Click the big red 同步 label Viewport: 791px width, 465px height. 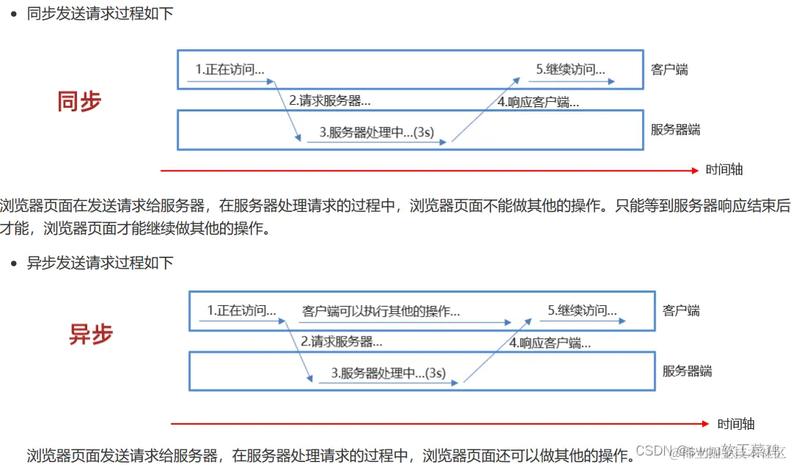79,101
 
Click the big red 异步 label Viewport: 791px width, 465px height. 91,334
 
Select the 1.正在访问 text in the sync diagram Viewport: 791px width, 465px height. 229,70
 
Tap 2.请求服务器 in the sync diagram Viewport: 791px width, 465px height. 329,101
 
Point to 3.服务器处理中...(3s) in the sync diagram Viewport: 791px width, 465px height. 376,132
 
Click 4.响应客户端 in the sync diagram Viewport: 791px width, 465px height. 538,102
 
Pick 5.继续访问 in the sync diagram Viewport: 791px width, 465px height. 570,70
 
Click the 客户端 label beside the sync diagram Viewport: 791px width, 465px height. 669,70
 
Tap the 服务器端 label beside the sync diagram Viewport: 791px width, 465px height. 675,130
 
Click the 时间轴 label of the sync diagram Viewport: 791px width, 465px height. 724,169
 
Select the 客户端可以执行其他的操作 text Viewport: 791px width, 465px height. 380,311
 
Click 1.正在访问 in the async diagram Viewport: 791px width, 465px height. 241,310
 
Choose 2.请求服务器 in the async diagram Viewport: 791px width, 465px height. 341,341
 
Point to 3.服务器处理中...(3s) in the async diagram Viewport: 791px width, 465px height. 388,373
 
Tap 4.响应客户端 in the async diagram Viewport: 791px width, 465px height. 550,342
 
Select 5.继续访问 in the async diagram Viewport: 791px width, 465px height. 582,310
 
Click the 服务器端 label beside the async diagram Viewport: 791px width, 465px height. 687,370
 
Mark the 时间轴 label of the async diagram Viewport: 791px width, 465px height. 736,424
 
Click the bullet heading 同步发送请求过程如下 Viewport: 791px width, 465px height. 100,13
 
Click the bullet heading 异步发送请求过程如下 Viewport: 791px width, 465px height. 100,263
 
